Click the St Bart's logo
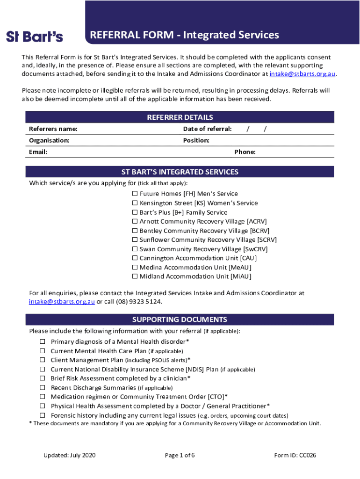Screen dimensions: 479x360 35,36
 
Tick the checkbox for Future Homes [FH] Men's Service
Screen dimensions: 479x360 135,194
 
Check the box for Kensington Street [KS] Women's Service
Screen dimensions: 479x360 135,203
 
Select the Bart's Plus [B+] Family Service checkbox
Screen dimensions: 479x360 135,212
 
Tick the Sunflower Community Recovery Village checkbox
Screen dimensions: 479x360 135,240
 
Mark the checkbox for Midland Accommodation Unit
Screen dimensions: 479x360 135,276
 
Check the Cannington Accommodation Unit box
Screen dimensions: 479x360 135,258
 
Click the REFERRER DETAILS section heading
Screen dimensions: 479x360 180,117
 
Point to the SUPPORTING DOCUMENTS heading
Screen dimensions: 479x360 180,320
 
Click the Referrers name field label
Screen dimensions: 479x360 53,129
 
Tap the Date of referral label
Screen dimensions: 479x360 207,129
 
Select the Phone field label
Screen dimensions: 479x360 245,152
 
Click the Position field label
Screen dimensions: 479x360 196,140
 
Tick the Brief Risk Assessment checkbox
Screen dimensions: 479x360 42,378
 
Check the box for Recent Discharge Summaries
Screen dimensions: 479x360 42,388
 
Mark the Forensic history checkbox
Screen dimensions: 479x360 42,415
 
